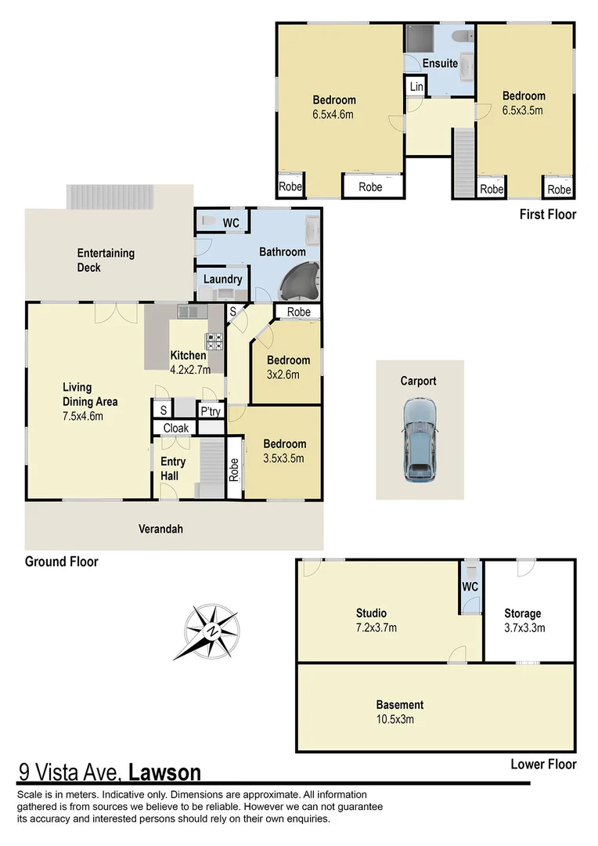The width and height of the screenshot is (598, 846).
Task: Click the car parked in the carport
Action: pos(419,440)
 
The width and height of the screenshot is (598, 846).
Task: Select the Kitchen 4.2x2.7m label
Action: pos(188,361)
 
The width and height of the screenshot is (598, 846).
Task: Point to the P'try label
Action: pos(210,410)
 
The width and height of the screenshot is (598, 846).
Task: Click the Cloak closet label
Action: pos(175,428)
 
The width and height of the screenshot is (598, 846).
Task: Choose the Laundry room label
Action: pos(222,280)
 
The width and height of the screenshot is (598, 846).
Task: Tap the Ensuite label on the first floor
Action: pos(440,63)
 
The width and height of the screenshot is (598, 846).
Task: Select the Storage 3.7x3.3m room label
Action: pos(523,620)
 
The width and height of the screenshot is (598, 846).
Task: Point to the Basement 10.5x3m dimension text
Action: pos(399,719)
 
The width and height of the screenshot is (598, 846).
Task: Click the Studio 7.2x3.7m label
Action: pos(370,620)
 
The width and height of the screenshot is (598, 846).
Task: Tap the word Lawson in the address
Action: pos(164,773)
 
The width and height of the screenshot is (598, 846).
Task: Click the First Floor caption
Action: pos(548,214)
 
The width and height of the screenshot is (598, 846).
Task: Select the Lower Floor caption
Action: pos(543,764)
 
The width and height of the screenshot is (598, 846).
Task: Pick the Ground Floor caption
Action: pos(62,562)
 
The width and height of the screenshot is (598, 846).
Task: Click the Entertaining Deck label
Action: pos(106,260)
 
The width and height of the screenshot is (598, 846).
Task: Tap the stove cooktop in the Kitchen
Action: pos(214,342)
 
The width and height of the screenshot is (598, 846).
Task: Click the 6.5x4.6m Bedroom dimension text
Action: pos(333,114)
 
